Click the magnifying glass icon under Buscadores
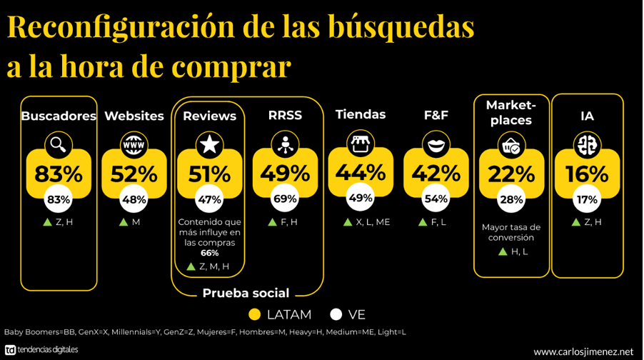(59, 145)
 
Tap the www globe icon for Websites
(134, 145)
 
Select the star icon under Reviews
(209, 145)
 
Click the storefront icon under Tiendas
(361, 144)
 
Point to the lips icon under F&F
(436, 145)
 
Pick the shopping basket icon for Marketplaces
(512, 147)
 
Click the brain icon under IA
(587, 146)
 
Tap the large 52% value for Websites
(134, 174)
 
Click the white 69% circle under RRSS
(285, 199)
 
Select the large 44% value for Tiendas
(361, 172)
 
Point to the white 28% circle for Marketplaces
(512, 200)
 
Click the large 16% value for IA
(587, 174)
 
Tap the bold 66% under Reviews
(209, 253)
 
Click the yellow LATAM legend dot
(254, 314)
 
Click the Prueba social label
(246, 293)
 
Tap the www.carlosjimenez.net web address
(583, 351)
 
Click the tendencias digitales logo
(41, 350)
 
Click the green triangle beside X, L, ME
(348, 222)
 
